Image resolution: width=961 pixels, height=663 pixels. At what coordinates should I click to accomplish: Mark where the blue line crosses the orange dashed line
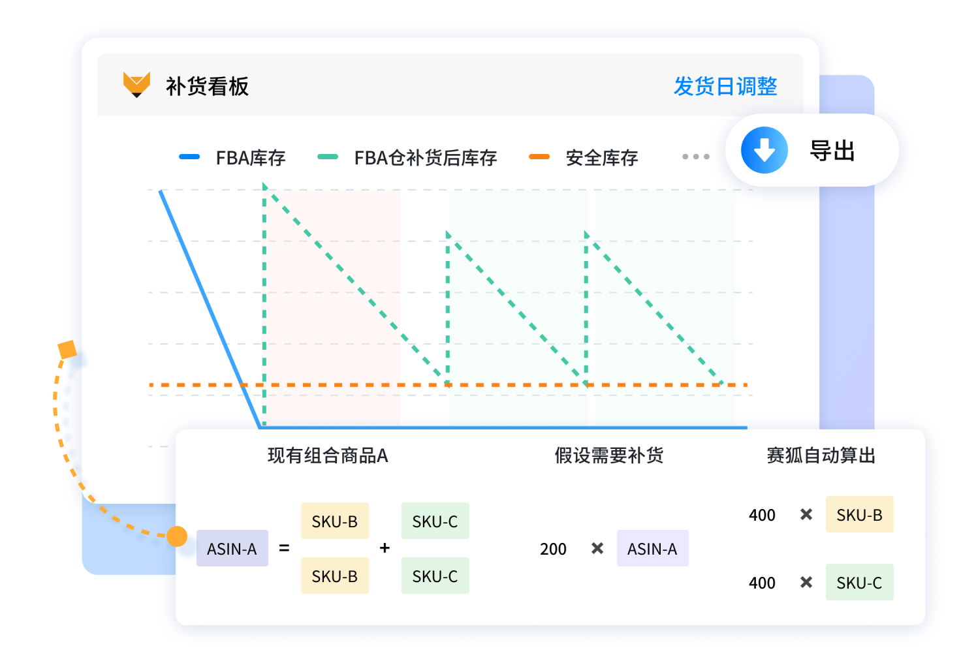point(244,384)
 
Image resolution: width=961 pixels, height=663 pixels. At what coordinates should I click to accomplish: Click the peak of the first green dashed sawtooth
point(264,185)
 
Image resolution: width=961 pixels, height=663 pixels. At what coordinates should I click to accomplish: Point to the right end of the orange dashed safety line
point(747,384)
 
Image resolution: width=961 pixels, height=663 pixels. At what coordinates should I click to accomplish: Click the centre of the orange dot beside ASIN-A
point(177,536)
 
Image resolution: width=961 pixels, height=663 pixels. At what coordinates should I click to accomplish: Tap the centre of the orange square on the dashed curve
point(67,350)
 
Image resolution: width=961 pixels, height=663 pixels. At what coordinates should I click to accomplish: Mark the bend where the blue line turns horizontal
point(260,427)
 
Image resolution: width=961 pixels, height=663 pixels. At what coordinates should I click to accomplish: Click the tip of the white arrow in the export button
point(764,161)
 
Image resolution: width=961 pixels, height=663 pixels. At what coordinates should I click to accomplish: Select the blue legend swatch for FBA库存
point(189,157)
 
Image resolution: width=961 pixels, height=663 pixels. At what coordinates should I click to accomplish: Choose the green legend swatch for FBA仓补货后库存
point(327,157)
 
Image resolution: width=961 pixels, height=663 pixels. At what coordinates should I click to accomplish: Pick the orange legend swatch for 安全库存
point(539,157)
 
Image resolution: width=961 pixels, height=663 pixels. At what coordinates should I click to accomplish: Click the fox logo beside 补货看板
point(136,84)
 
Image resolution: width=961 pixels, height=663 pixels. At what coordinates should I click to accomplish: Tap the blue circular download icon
point(764,149)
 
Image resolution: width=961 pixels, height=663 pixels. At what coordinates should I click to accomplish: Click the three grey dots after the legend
point(696,157)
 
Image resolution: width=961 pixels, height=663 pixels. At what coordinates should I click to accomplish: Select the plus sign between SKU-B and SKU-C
point(385,547)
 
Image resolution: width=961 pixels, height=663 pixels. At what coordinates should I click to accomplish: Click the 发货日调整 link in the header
point(725,86)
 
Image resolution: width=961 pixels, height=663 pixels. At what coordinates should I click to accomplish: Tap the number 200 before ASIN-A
point(553,549)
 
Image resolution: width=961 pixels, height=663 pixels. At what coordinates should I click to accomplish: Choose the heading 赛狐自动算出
point(821,455)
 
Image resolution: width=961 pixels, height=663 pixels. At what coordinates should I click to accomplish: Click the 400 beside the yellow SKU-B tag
point(762,515)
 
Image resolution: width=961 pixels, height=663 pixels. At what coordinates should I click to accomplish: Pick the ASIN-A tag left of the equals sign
point(232,548)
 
